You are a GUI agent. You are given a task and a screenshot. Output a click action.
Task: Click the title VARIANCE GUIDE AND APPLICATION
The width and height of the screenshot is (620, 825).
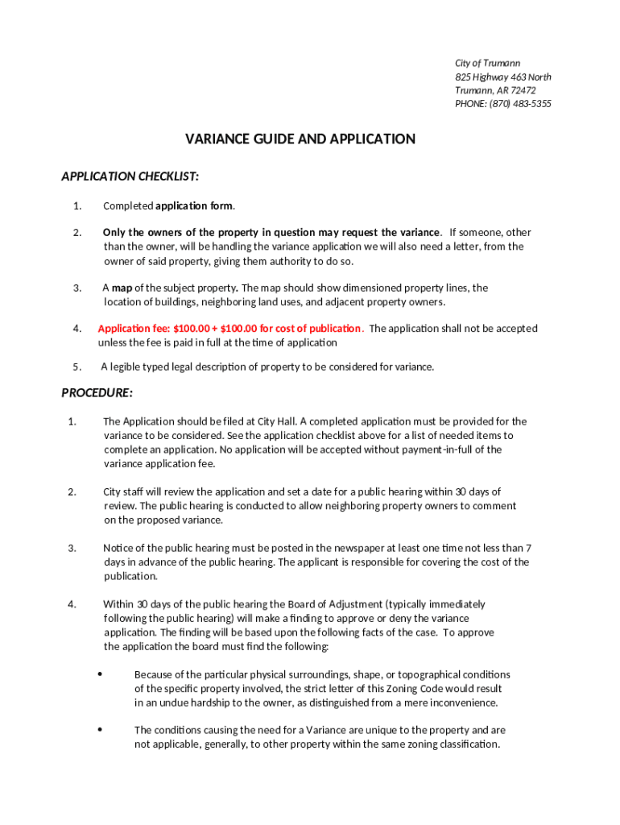pyautogui.click(x=300, y=139)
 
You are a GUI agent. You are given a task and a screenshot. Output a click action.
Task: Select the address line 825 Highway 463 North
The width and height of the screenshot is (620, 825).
pyautogui.click(x=503, y=77)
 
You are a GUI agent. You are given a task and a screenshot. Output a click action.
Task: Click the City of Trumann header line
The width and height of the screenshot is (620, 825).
pyautogui.click(x=487, y=63)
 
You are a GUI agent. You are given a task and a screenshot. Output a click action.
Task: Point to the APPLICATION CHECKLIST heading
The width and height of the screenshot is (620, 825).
pyautogui.click(x=130, y=176)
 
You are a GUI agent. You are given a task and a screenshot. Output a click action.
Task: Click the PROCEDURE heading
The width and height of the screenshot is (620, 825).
pyautogui.click(x=97, y=393)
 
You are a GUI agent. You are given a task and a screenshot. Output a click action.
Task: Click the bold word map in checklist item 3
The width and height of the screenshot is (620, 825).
pyautogui.click(x=122, y=288)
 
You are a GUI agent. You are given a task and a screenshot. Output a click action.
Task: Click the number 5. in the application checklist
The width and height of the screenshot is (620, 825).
pyautogui.click(x=76, y=367)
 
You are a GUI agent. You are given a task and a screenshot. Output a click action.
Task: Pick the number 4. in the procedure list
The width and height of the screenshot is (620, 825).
pyautogui.click(x=72, y=603)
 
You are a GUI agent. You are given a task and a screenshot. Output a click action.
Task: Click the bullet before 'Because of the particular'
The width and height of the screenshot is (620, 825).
pyautogui.click(x=100, y=674)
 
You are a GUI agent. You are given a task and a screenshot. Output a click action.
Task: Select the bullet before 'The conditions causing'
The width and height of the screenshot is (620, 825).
pyautogui.click(x=100, y=729)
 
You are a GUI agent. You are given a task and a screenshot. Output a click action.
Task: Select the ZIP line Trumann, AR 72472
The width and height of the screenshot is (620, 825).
pyautogui.click(x=495, y=90)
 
